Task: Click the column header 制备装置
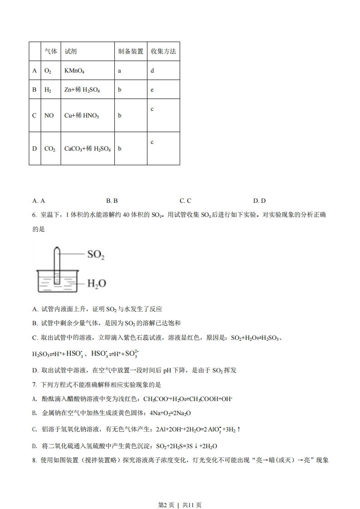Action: [131, 52]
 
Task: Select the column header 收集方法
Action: [163, 52]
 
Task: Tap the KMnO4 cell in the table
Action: [74, 71]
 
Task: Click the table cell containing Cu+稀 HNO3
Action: [82, 116]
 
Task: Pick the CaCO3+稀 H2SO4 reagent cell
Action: [88, 149]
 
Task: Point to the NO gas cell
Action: [49, 116]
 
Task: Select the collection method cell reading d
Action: [153, 71]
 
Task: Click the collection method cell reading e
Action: [153, 90]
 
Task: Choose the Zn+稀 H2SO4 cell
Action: [82, 90]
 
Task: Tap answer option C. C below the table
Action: [185, 201]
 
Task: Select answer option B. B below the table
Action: [112, 201]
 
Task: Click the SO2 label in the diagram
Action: [96, 254]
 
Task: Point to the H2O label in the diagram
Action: [96, 284]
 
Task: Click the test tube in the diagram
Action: [57, 265]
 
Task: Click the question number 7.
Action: [35, 385]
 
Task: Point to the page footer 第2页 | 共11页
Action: [180, 492]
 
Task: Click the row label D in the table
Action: [35, 149]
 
